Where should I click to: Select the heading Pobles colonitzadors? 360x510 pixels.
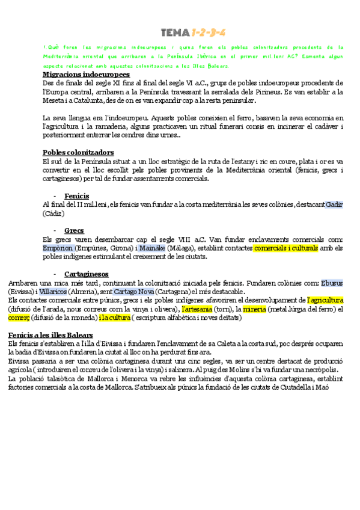[x=78, y=152]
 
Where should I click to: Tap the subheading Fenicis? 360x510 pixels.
[x=76, y=196]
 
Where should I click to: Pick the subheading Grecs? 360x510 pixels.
[x=74, y=230]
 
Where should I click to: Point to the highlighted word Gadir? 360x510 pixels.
[x=334, y=205]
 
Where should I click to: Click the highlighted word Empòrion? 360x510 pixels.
[x=58, y=248]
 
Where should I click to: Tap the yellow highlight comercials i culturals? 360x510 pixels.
[x=285, y=248]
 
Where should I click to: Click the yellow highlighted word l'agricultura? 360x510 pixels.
[x=325, y=300]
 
